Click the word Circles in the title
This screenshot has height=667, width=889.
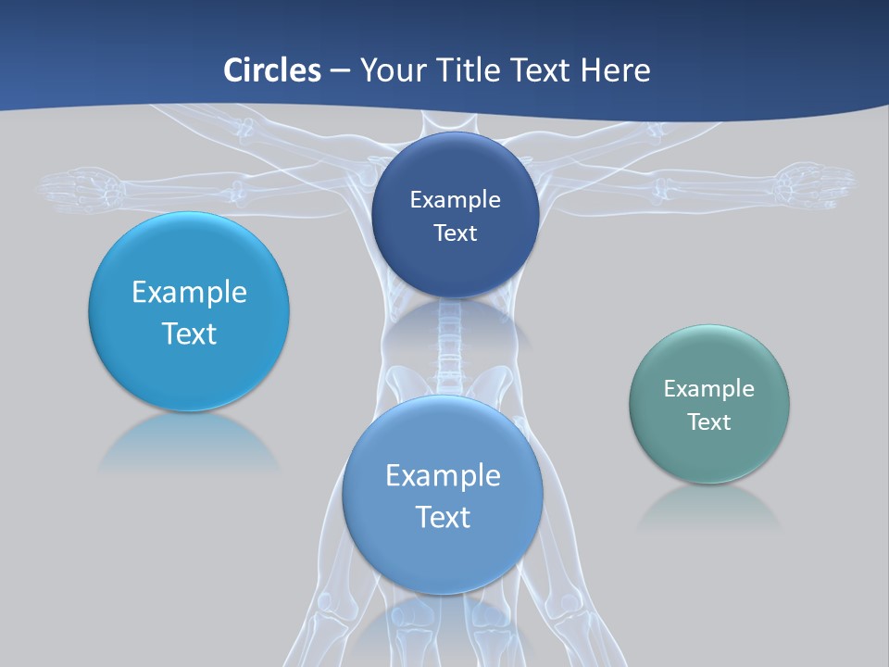point(272,70)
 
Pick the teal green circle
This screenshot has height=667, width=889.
point(709,454)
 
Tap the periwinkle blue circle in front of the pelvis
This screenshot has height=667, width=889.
point(443,556)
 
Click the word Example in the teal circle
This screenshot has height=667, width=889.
point(708,389)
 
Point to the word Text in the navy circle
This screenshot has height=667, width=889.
point(456,233)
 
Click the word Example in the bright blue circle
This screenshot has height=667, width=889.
point(189,293)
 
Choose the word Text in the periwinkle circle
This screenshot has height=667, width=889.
point(443,517)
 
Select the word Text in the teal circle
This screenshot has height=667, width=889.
point(709,422)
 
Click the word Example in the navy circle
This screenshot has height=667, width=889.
point(455,200)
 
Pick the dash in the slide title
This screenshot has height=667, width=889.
point(340,71)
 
